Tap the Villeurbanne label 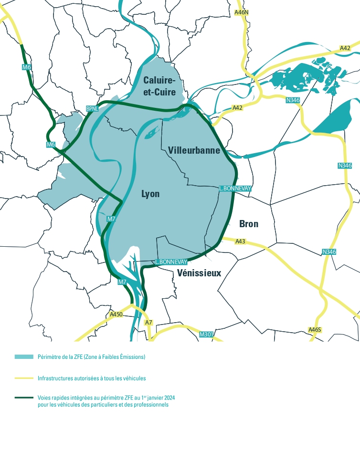(x=194, y=151)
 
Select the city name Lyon (x=150, y=194)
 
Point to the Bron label (x=249, y=223)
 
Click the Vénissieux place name (x=199, y=273)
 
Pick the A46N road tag (x=242, y=12)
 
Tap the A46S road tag (x=315, y=330)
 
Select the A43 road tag (x=240, y=241)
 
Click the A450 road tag (x=116, y=315)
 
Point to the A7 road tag (x=148, y=323)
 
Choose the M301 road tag (x=206, y=335)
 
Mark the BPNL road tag (x=92, y=109)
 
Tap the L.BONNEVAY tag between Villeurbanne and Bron (x=235, y=189)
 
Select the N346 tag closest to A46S (x=329, y=252)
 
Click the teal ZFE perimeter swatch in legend (x=24, y=357)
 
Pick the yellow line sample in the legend (x=24, y=378)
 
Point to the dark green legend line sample (x=24, y=398)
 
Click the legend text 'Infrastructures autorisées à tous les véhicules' (x=92, y=378)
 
